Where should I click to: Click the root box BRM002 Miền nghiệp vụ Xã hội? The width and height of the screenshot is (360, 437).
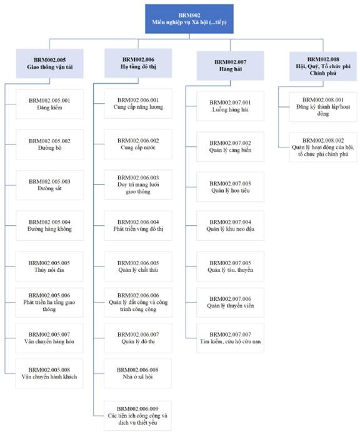[189, 19]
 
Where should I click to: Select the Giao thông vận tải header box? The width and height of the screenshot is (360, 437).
[49, 64]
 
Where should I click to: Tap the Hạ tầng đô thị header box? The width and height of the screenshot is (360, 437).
[138, 63]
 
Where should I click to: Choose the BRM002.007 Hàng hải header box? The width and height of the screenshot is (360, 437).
[231, 66]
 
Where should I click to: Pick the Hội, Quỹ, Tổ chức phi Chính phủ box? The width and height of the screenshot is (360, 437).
[323, 66]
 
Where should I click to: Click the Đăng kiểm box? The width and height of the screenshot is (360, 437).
[49, 104]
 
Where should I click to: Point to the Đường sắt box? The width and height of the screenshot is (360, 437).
[49, 185]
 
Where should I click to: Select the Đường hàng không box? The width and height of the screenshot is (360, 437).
[49, 226]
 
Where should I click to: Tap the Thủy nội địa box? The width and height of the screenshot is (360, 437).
[49, 266]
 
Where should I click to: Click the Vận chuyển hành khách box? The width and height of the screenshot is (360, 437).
[49, 373]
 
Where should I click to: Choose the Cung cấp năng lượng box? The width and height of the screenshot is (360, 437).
[138, 104]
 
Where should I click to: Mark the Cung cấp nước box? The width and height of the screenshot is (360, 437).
[138, 144]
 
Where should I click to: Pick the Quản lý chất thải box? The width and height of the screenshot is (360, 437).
[138, 266]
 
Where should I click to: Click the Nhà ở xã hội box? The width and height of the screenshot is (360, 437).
[137, 373]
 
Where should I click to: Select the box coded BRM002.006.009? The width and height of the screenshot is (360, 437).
[137, 416]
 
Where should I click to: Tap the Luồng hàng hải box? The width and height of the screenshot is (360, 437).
[231, 106]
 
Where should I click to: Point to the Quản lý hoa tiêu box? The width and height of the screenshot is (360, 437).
[231, 187]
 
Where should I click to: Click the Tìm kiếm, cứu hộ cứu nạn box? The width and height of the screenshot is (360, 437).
[231, 338]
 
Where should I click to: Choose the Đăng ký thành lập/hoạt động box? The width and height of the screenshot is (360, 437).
[323, 107]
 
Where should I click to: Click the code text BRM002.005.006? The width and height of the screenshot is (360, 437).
[49, 296]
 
